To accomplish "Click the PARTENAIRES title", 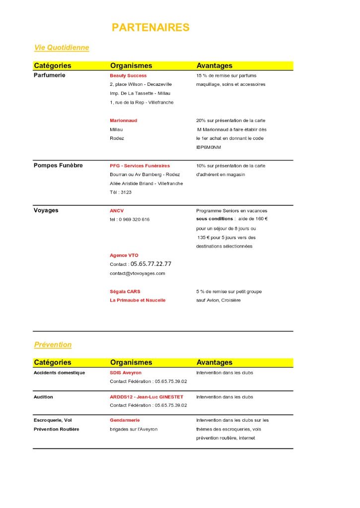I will coord(150,27).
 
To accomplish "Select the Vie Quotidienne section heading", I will coord(62,48).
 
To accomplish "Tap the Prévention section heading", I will coord(53,344).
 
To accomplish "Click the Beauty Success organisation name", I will coord(128,75).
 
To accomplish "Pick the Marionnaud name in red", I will coord(123,121).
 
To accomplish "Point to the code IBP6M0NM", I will coord(209,147).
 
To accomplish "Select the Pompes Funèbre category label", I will coord(58,165).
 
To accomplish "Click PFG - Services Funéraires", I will coord(140,166).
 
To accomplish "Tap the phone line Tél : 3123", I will coord(121,192).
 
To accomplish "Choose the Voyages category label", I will coord(46,210).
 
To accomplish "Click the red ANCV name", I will coord(117,211).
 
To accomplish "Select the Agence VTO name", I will coord(124,255).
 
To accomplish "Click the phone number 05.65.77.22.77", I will coord(151,264).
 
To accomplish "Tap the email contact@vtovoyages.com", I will coord(138,273).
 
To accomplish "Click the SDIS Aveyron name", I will coord(126,373).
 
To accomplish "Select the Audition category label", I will coord(43,397).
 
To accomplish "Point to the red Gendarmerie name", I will coord(125,420).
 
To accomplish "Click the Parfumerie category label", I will coord(49,75).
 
